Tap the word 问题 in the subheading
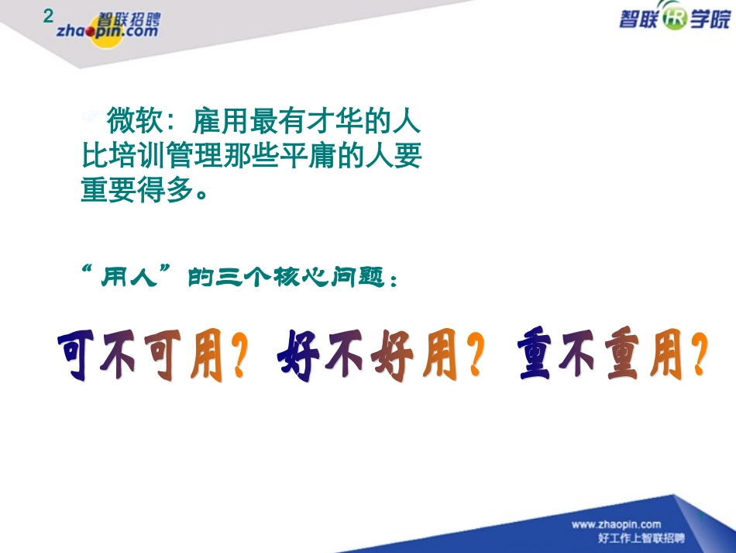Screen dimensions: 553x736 364,278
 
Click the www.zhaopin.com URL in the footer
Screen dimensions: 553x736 616,524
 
